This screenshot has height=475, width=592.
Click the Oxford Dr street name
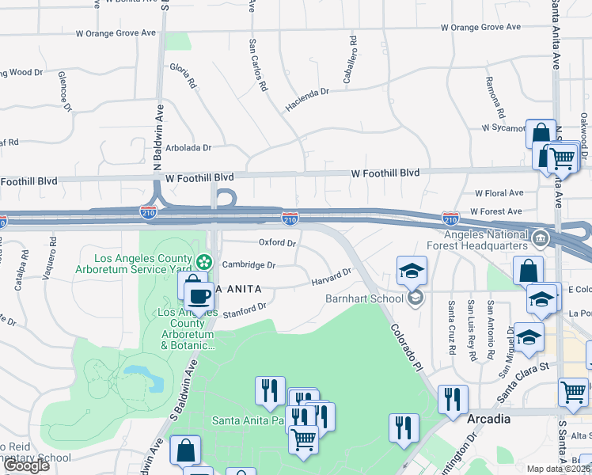tap(277, 243)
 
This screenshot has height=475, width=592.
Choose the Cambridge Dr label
tap(249, 265)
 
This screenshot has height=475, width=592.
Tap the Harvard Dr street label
tap(330, 277)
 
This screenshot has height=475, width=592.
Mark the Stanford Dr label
tap(245, 310)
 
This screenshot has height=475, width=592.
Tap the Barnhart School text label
tap(364, 298)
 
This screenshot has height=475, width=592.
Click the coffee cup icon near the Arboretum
tap(199, 298)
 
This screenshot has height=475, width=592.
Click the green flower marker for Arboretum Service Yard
tap(205, 260)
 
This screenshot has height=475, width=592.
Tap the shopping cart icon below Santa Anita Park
tap(303, 438)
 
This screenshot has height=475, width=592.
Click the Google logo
tap(26, 465)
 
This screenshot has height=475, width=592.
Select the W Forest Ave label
tap(495, 211)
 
